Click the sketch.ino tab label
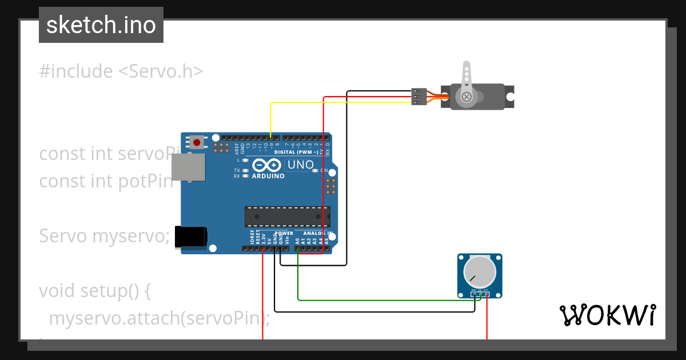[101, 25]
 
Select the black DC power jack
[191, 237]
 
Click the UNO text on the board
[300, 165]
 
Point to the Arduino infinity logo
[267, 166]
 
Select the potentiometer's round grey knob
[480, 272]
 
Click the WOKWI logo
[607, 315]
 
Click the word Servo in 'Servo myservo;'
[63, 235]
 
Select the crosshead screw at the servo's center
[466, 97]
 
